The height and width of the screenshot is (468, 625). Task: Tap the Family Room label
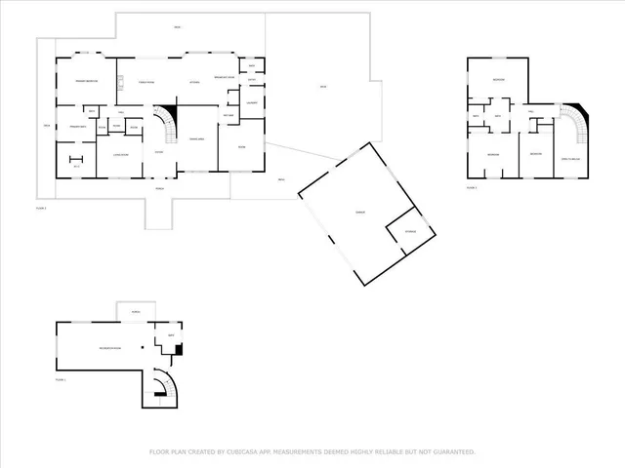click(147, 82)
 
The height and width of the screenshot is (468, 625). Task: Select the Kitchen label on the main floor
click(194, 82)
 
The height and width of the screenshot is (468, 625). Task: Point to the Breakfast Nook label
click(228, 77)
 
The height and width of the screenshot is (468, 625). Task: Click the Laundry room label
click(252, 101)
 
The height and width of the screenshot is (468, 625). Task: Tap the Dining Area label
click(195, 139)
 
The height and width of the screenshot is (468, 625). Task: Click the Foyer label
click(159, 152)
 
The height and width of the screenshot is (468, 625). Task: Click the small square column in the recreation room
click(142, 348)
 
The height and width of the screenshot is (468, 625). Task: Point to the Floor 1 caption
click(61, 379)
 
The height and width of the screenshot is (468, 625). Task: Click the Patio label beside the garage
click(321, 90)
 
